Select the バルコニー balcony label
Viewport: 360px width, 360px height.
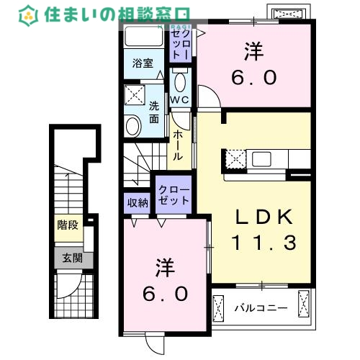[x=261, y=309]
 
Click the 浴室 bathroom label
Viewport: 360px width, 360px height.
[x=142, y=63]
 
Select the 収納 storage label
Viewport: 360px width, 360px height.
[x=138, y=203]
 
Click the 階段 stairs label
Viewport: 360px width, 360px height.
[x=67, y=225]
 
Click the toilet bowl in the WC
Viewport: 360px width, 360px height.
[x=180, y=81]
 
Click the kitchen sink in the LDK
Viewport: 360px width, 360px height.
[x=261, y=158]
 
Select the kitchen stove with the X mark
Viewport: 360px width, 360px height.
[x=235, y=158]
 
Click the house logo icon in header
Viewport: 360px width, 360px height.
[x=29, y=14]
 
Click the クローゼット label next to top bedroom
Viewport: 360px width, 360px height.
[x=180, y=43]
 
